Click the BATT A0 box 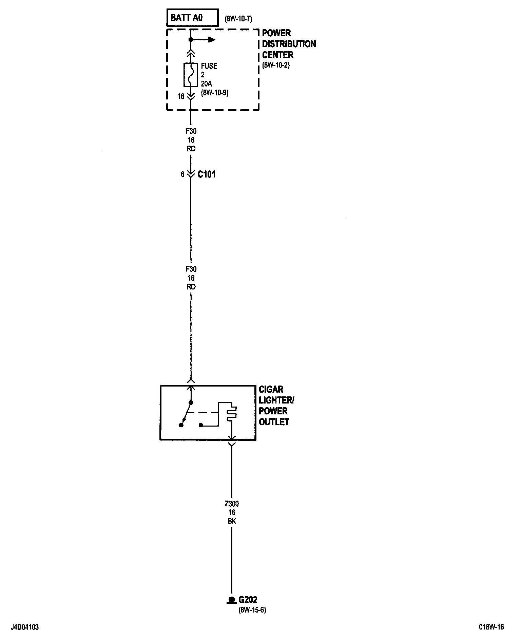pos(192,18)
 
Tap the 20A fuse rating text pos(207,83)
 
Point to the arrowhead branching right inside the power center pos(212,40)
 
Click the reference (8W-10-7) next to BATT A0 pos(238,19)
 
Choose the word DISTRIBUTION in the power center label pos(289,44)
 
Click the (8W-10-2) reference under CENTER pos(276,65)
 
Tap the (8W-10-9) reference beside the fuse pos(214,92)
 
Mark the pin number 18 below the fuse pos(181,96)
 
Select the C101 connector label pos(206,174)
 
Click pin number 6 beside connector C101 pos(182,174)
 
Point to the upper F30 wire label pos(191,131)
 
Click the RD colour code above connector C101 pos(191,149)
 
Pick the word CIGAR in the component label pos(271,389)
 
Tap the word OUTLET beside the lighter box pos(274,422)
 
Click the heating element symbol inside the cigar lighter pos(232,412)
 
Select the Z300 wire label pos(232,504)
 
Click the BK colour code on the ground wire pos(232,521)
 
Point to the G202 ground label pos(248,600)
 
